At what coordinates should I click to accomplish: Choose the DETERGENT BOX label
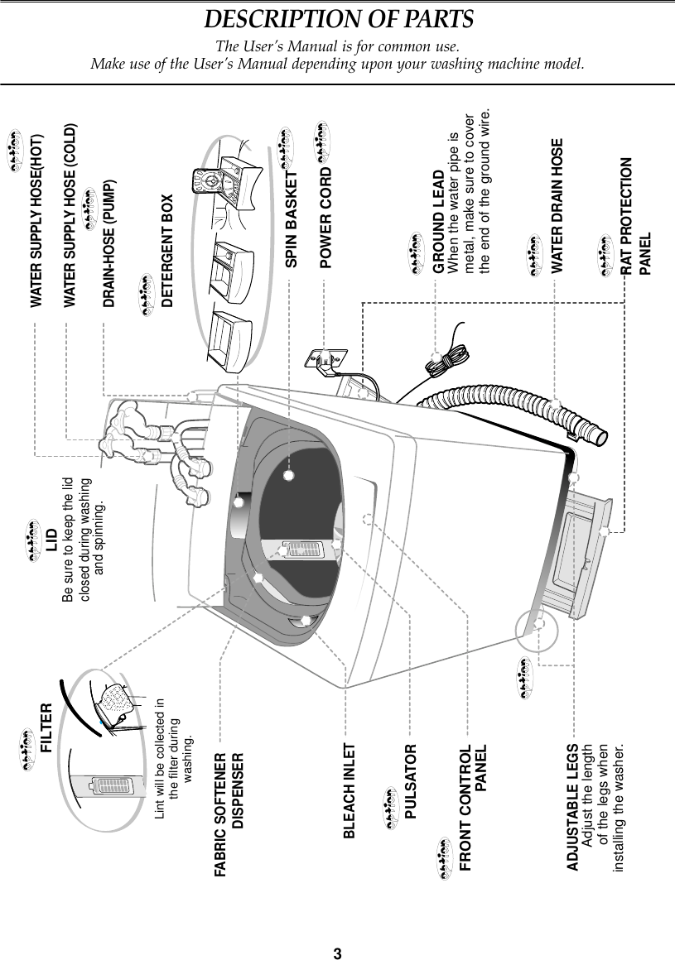[x=168, y=251]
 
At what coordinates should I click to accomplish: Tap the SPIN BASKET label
[x=292, y=220]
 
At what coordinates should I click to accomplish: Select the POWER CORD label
[x=326, y=218]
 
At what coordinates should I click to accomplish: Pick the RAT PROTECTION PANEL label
[x=634, y=216]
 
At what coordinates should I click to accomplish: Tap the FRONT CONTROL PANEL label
[x=473, y=811]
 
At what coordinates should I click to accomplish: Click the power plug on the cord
[x=325, y=358]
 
